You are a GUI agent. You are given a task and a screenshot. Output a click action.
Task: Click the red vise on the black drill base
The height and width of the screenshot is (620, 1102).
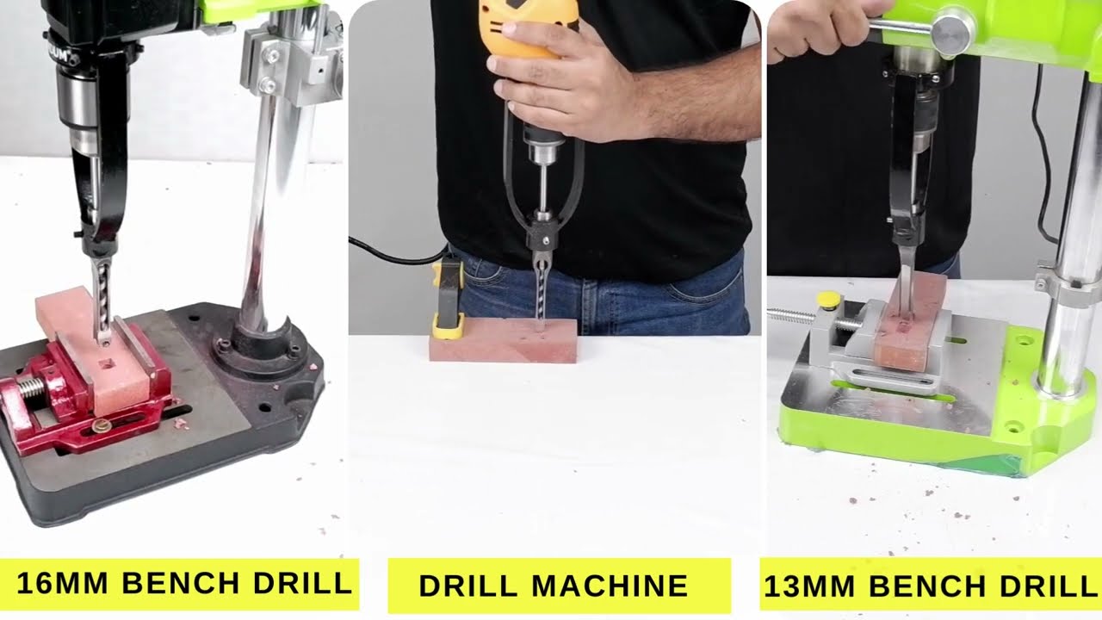52,405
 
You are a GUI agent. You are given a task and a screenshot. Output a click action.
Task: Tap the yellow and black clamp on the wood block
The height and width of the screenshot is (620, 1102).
449,298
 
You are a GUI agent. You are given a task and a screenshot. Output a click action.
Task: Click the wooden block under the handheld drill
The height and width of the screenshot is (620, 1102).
504,342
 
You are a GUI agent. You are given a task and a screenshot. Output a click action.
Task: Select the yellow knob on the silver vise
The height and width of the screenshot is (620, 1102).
828,301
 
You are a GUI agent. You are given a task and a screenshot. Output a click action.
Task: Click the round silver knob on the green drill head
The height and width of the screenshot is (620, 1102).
952,32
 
